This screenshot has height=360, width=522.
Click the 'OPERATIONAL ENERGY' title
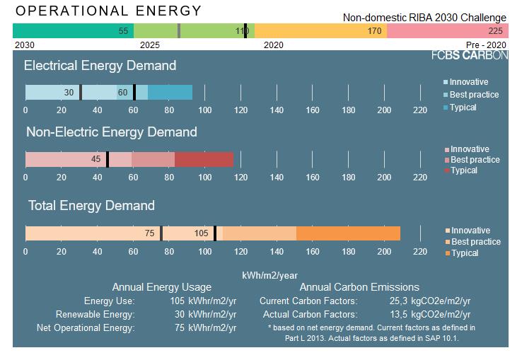tap(108, 11)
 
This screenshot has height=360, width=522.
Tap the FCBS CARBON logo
tap(470, 54)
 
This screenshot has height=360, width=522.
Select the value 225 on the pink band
tap(495, 31)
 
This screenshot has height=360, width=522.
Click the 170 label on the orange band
tap(374, 31)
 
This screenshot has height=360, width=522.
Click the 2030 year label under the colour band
tap(25, 45)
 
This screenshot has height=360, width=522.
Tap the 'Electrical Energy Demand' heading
tap(100, 66)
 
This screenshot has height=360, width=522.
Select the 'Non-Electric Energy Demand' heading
tap(111, 132)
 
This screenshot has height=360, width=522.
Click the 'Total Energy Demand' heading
tap(91, 206)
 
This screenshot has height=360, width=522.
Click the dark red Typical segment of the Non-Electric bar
tap(204, 159)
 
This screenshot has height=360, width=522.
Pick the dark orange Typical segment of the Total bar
tap(348, 233)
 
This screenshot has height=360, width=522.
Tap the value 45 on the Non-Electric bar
tap(95, 159)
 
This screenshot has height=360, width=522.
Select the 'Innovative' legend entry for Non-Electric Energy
tap(469, 149)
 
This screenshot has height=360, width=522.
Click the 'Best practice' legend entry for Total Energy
tap(475, 242)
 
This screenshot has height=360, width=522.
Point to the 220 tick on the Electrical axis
tap(419, 110)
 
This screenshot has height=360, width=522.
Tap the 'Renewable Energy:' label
tap(95, 315)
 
